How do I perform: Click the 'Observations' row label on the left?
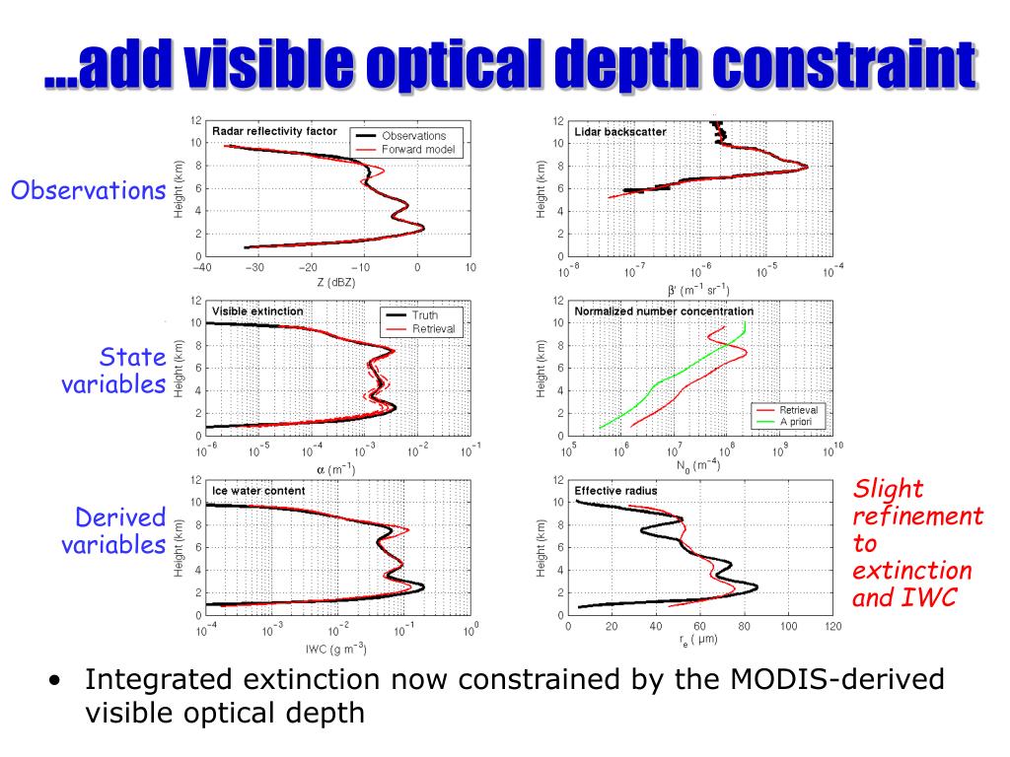(87, 190)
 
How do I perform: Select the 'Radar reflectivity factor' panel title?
(274, 130)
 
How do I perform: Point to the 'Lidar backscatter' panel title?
(619, 130)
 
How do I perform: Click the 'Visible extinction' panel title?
(258, 310)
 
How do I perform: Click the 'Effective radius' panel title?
(615, 490)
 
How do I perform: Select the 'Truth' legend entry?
(426, 314)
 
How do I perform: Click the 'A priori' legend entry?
(799, 421)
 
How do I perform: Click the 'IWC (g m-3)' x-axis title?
(335, 648)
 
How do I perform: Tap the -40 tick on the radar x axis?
(202, 268)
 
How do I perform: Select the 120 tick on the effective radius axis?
(832, 627)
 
